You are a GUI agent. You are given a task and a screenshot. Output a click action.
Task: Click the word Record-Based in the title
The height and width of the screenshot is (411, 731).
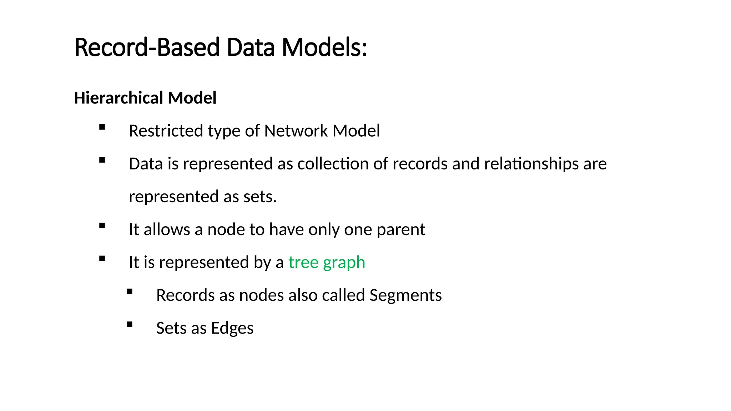(147, 47)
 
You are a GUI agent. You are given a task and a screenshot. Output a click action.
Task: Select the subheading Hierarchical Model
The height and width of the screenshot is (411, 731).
(145, 98)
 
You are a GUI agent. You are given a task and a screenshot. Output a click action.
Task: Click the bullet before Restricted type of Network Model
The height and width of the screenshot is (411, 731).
(102, 127)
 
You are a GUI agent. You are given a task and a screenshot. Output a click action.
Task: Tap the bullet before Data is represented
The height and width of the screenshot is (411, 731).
(102, 160)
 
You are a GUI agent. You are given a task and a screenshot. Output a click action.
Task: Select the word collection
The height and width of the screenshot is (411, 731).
(333, 164)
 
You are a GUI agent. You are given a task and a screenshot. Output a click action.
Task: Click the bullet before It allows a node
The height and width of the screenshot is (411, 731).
(102, 226)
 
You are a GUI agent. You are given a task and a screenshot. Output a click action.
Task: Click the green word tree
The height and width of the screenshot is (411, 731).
(303, 262)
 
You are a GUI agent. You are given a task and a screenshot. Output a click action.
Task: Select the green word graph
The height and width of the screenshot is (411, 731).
(344, 263)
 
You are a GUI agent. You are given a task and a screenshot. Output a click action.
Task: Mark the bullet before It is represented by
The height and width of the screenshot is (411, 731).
(102, 259)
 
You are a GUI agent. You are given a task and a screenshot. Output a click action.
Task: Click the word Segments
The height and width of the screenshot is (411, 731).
(405, 295)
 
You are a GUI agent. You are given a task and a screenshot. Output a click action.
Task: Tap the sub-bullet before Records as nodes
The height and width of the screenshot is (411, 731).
(130, 292)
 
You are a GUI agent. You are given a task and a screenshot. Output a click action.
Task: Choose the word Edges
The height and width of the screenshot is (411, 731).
(232, 328)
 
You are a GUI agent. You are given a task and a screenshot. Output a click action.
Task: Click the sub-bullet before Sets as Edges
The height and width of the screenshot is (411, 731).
(130, 325)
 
